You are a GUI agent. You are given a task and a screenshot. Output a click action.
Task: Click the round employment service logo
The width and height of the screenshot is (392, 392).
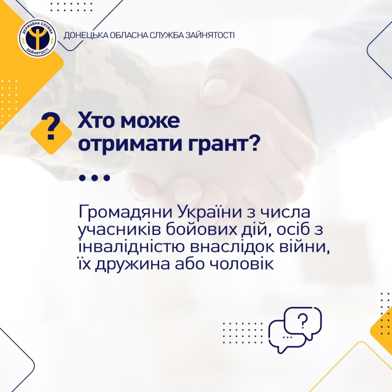(37, 38)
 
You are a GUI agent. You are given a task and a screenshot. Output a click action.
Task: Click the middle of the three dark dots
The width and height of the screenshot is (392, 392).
(94, 178)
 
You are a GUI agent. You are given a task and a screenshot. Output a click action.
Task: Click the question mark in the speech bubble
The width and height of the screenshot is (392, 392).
(303, 321)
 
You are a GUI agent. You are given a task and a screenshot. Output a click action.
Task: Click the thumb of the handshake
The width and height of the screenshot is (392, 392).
(220, 85)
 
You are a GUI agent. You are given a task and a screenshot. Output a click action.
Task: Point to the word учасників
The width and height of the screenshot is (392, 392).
(119, 230)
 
